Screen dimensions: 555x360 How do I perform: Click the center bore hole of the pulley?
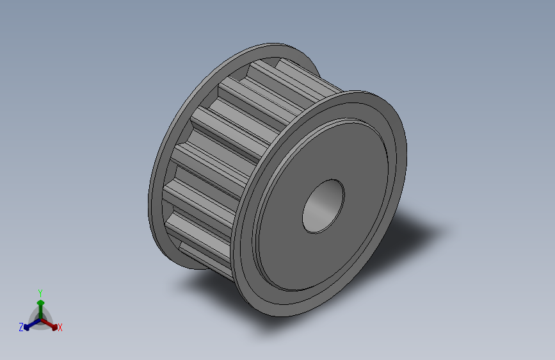click(x=323, y=206)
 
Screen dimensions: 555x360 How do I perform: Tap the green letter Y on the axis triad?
click(x=40, y=293)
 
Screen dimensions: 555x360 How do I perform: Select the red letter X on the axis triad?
click(x=60, y=327)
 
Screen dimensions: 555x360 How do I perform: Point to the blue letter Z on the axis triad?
click(x=21, y=327)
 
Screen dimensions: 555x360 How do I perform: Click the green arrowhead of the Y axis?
click(x=41, y=303)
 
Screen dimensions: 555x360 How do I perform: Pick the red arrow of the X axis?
click(x=49, y=324)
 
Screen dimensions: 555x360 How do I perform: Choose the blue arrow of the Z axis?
click(x=32, y=324)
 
